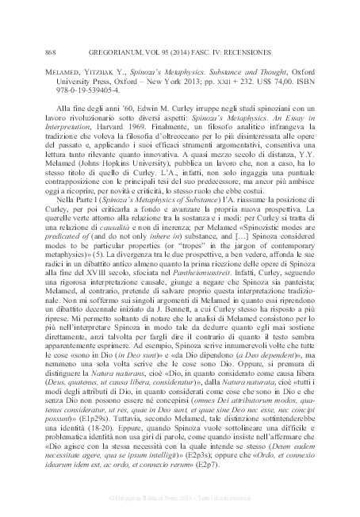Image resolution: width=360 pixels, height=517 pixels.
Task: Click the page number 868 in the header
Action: pos(31,52)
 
